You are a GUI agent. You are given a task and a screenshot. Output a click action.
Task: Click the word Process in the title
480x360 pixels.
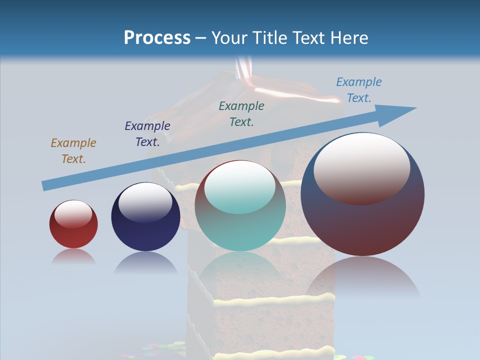pyautogui.click(x=157, y=38)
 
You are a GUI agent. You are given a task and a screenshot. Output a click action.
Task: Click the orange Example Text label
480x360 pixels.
pyautogui.click(x=73, y=151)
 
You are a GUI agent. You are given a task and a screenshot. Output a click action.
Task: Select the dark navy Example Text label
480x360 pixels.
pyautogui.click(x=147, y=134)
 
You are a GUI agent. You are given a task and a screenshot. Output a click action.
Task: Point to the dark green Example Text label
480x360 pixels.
pyautogui.click(x=241, y=114)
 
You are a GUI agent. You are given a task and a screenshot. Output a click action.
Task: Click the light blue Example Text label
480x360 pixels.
pyautogui.click(x=359, y=90)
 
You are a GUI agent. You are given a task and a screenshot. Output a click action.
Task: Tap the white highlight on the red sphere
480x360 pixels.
pyautogui.click(x=73, y=213)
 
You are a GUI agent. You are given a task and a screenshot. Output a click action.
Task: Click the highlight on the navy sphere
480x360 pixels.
pyautogui.click(x=145, y=201)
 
